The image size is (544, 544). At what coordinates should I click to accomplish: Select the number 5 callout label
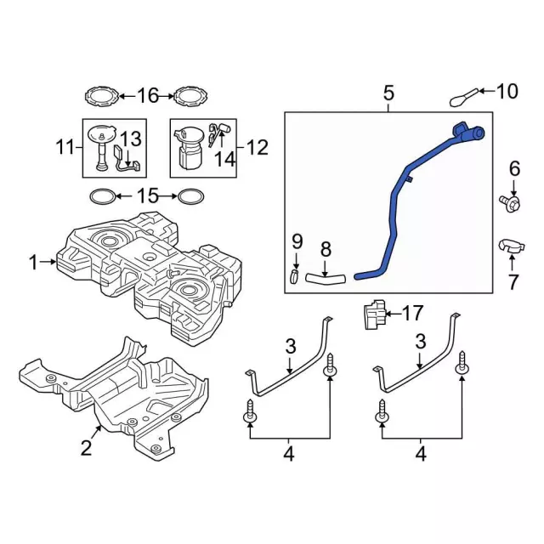(x=388, y=92)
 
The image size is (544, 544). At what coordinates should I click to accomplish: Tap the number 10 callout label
(x=507, y=91)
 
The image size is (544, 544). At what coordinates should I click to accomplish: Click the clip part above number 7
(x=511, y=247)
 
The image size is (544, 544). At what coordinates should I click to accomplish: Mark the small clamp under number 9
(x=294, y=275)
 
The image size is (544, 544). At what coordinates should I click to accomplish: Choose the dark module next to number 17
(x=373, y=314)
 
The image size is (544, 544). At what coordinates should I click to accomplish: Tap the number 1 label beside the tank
(x=33, y=263)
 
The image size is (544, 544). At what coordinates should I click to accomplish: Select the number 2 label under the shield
(x=86, y=446)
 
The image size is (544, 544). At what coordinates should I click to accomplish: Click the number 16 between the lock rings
(x=148, y=95)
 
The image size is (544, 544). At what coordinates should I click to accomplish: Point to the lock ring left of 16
(x=102, y=95)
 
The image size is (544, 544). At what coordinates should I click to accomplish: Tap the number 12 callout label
(x=256, y=148)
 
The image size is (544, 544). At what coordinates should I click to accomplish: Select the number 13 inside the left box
(x=129, y=139)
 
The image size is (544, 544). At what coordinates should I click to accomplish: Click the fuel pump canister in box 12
(x=188, y=148)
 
